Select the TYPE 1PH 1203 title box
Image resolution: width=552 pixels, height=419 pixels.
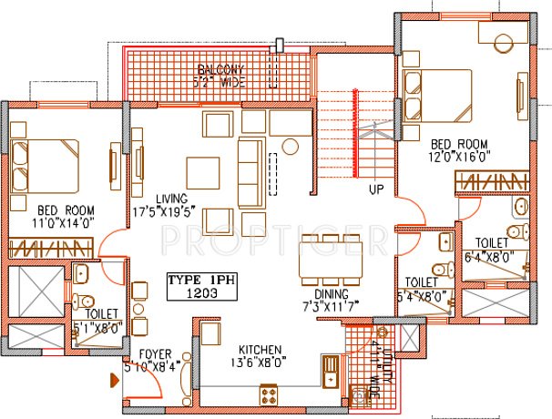(x=200, y=287)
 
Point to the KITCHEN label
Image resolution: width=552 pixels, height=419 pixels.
(x=261, y=350)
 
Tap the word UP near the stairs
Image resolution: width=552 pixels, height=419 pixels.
(x=375, y=191)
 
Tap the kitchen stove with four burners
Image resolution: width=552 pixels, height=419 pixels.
(x=271, y=393)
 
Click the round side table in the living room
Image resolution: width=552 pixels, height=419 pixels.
(x=291, y=146)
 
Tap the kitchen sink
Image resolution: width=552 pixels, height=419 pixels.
(x=329, y=372)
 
